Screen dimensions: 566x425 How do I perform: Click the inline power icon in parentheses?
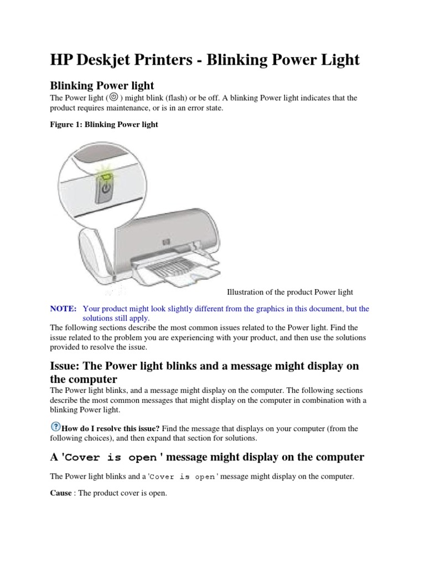tap(113, 97)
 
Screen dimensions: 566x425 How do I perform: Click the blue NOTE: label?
tap(63, 308)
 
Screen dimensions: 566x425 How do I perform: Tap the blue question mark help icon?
tap(55, 427)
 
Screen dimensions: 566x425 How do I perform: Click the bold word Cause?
tap(60, 492)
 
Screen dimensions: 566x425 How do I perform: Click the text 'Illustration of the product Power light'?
tap(290, 292)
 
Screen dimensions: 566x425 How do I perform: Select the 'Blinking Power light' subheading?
tap(102, 85)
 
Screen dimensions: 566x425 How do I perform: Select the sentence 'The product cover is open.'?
tap(120, 492)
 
